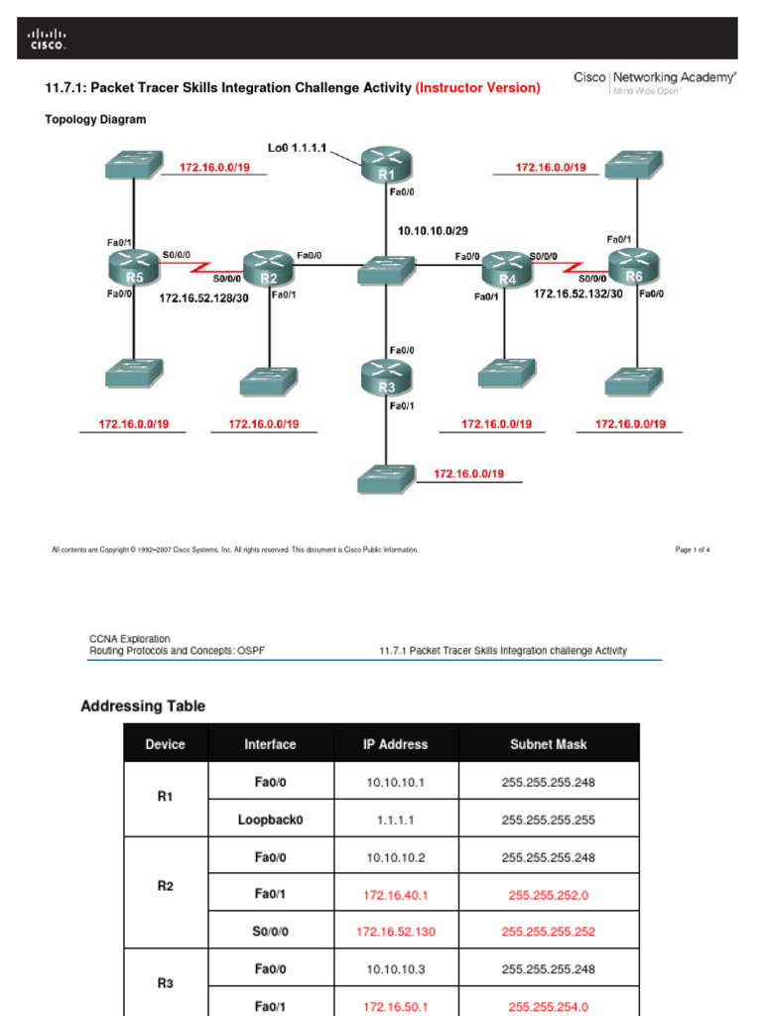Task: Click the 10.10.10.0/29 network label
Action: click(433, 230)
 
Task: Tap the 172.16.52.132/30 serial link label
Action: click(578, 294)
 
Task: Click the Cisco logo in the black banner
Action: click(48, 39)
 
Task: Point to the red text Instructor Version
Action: click(478, 88)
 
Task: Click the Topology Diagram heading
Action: click(95, 119)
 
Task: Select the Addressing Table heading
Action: click(143, 706)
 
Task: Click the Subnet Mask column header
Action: click(549, 743)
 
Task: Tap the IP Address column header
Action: click(395, 743)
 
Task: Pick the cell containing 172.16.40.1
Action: click(395, 894)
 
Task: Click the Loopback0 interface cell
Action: click(270, 820)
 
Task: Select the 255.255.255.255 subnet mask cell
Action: click(549, 820)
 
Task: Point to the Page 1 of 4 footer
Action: click(693, 549)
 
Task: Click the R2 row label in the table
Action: click(166, 886)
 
